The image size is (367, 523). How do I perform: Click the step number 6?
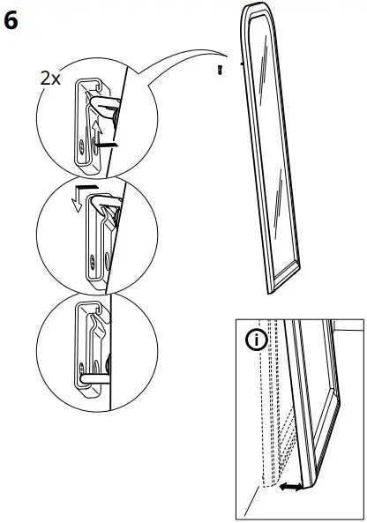coord(11,20)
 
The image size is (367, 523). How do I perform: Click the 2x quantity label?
coord(50,78)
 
